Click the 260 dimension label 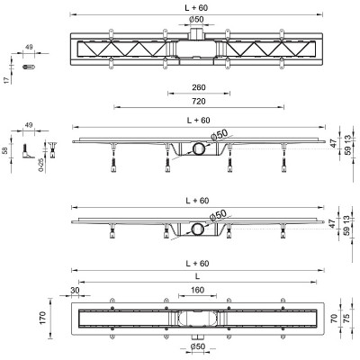click(x=199, y=87)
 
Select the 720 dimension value click(x=199, y=102)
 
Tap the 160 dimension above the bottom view click(x=197, y=290)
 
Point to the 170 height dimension click(x=42, y=318)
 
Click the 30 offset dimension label click(x=75, y=290)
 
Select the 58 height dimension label click(x=5, y=150)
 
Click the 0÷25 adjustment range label click(x=41, y=165)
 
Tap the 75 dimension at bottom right click(x=346, y=319)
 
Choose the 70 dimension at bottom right click(x=334, y=318)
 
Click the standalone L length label click(x=197, y=276)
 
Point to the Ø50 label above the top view click(x=196, y=19)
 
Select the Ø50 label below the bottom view click(x=198, y=346)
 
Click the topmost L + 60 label click(x=196, y=8)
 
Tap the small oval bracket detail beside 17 click(x=29, y=67)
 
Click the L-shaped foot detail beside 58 click(x=28, y=151)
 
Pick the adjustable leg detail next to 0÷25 click(x=53, y=149)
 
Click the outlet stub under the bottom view click(x=197, y=337)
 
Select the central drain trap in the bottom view click(x=197, y=318)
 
